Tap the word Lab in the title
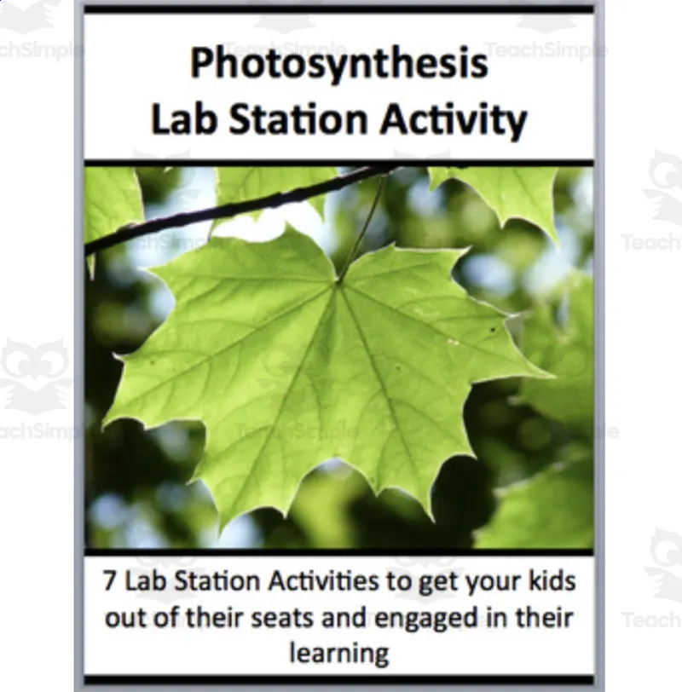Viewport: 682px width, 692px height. [x=182, y=120]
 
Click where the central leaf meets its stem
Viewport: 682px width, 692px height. [x=340, y=282]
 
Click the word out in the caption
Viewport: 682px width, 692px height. [x=127, y=618]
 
